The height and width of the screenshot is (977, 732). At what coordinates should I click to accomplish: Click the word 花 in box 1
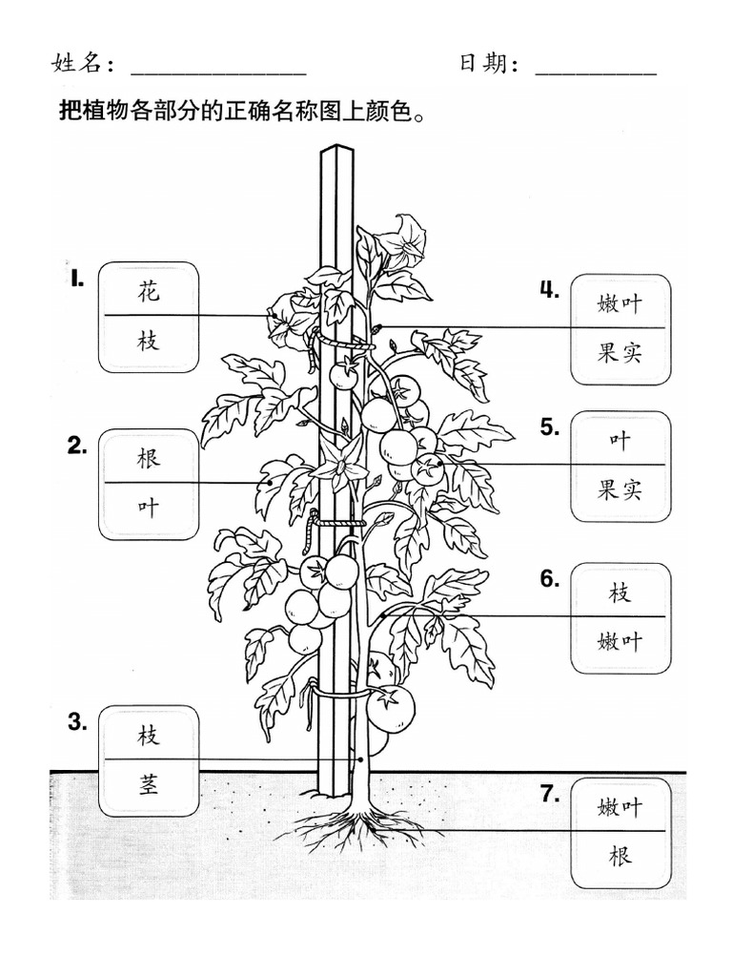tap(149, 291)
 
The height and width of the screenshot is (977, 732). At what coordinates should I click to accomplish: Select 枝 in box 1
tap(149, 341)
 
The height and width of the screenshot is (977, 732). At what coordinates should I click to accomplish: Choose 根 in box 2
tap(149, 457)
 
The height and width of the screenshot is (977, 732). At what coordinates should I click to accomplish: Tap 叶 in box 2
tap(149, 508)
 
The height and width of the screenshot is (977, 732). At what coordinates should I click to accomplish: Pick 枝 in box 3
tap(149, 735)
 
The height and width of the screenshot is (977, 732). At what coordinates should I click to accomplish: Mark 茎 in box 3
tap(149, 784)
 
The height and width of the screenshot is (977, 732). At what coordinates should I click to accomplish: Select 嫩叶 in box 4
tap(620, 303)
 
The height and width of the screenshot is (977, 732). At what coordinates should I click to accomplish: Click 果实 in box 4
tap(620, 354)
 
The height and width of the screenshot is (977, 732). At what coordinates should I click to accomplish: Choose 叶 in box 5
tap(620, 440)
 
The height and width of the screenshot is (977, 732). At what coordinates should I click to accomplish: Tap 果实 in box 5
tap(620, 490)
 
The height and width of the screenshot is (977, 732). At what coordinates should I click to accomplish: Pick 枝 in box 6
tap(620, 592)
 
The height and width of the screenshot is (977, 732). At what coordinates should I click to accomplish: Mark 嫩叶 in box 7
tap(620, 807)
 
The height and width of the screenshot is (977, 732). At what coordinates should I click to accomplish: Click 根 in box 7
tap(620, 856)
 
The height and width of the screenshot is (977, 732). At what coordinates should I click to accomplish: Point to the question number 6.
tap(549, 578)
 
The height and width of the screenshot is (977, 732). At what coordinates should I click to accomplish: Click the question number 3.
tap(77, 722)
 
